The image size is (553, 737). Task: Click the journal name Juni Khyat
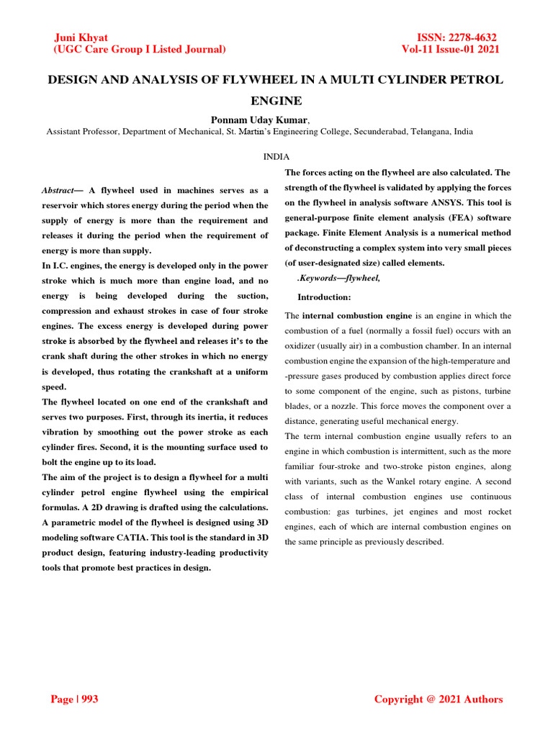click(x=81, y=37)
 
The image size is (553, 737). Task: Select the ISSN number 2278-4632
click(x=469, y=37)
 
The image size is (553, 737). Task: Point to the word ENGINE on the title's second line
click(x=276, y=101)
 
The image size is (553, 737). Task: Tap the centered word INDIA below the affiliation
click(x=276, y=156)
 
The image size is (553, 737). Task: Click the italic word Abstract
click(x=57, y=190)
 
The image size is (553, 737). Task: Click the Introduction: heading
click(x=324, y=297)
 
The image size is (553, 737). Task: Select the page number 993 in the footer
click(x=90, y=700)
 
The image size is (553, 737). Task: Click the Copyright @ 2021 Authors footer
click(x=439, y=700)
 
